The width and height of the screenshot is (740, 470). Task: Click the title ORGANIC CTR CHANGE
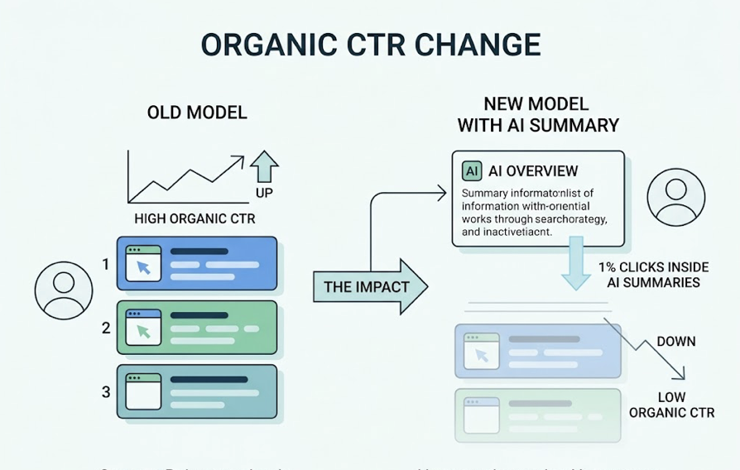[370, 45]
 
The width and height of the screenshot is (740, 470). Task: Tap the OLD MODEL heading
[197, 113]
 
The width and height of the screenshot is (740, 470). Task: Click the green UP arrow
[265, 166]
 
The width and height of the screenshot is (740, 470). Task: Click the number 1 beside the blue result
[105, 265]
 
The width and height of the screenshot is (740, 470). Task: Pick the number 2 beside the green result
[105, 328]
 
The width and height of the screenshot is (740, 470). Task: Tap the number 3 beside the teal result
[105, 391]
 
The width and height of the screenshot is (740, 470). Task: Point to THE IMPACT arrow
[369, 287]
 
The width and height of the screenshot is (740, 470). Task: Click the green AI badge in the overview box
[471, 171]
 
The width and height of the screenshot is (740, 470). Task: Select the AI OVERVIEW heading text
[533, 171]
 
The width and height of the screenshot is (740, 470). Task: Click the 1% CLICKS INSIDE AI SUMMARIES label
[649, 275]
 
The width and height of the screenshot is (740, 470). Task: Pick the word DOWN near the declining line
[675, 341]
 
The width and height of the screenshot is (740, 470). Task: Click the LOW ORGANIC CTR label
[671, 405]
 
